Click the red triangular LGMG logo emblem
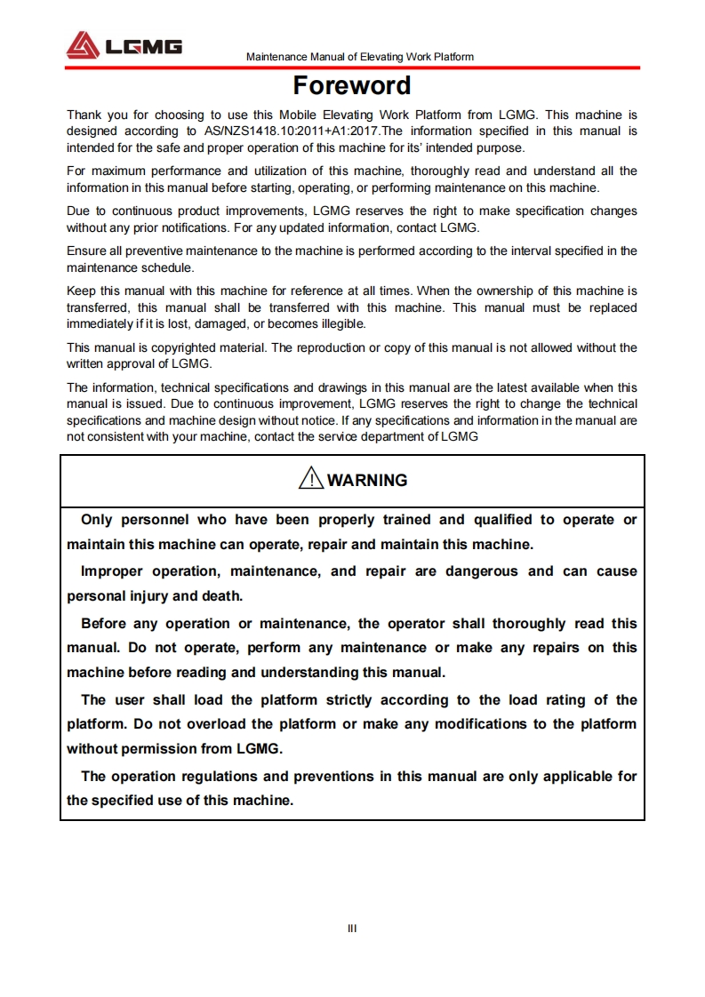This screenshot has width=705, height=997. coord(83,44)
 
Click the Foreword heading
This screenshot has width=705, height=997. coord(352,86)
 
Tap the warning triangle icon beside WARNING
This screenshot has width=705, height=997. coord(310,480)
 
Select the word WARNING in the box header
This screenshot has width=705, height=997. coord(367,481)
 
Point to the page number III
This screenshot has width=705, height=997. coord(352,929)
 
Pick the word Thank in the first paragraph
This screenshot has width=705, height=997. coord(84,115)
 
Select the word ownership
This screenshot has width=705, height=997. coord(517,291)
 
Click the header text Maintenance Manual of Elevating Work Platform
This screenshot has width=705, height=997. coord(359,57)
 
